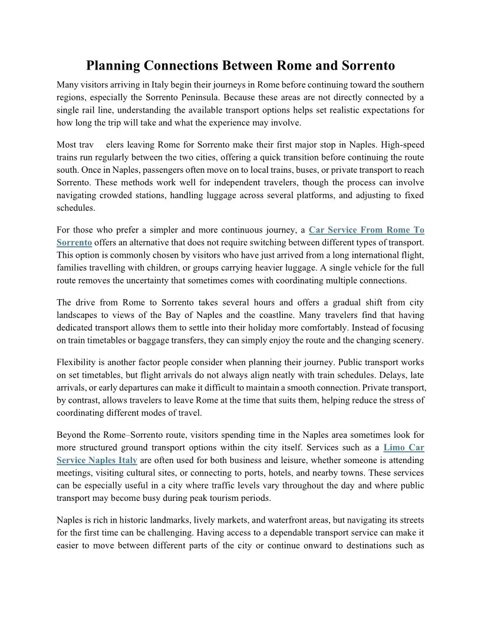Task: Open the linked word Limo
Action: click(394, 447)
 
